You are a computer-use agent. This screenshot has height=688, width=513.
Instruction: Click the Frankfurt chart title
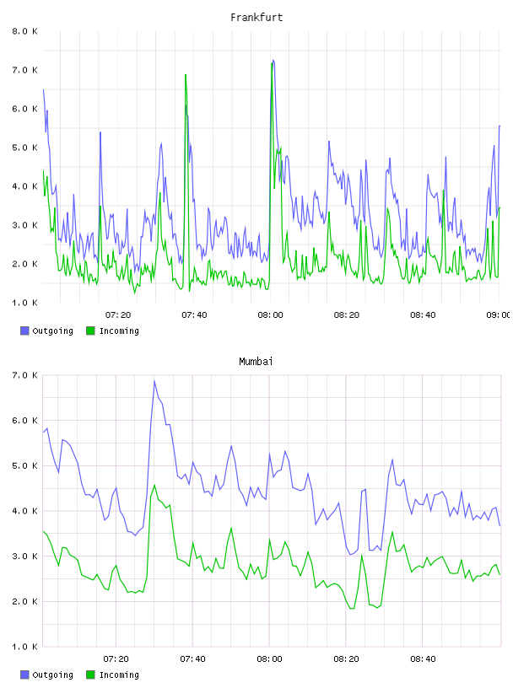pos(256,18)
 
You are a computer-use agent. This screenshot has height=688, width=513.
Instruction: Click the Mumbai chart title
pos(256,362)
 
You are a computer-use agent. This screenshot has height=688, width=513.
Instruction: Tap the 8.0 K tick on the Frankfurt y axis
pos(24,31)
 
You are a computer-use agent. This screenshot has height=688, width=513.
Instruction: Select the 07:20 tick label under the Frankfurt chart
pos(118,315)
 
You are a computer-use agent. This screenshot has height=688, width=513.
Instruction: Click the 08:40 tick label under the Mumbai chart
pos(423,659)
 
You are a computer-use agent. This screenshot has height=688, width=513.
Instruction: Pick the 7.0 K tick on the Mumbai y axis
pos(24,375)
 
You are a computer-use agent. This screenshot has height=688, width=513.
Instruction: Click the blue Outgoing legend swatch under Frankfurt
pos(24,331)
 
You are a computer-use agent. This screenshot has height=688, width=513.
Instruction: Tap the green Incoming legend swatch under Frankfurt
pos(90,331)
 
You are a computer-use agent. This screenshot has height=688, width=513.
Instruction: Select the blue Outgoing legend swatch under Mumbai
pos(24,675)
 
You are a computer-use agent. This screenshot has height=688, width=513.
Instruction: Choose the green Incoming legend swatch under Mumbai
pos(90,675)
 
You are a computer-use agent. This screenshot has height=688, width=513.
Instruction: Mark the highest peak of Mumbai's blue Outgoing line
pos(154,381)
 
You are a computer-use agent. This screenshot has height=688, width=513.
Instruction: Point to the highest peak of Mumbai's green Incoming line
pos(154,486)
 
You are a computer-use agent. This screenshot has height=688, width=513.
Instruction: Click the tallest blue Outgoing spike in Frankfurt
pos(273,61)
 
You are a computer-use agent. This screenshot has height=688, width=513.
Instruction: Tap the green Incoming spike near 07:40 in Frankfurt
pos(186,75)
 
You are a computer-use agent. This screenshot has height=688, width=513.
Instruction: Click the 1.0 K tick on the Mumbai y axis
pos(24,647)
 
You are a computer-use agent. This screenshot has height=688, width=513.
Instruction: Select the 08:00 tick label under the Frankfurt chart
pos(270,315)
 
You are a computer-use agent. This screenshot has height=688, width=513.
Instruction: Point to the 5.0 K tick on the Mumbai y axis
pos(24,466)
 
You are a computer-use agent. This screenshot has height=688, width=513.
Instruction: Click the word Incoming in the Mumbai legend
pos(119,675)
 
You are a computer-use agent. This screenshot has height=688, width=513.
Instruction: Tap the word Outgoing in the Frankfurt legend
pos(52,331)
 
